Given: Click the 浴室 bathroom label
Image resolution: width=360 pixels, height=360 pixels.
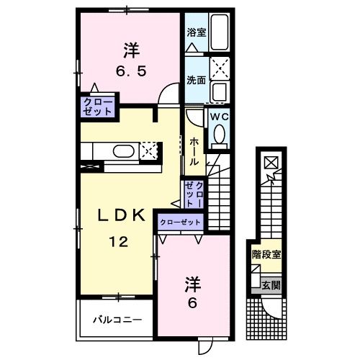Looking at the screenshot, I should click(x=195, y=32).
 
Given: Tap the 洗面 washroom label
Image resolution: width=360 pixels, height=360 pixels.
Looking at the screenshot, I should click(x=195, y=80).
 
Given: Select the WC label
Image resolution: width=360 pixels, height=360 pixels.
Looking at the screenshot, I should click(x=218, y=115).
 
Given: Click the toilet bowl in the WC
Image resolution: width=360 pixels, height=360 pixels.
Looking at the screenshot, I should click(x=219, y=134).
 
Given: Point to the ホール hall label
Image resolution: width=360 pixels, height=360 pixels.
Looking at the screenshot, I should click(x=194, y=151).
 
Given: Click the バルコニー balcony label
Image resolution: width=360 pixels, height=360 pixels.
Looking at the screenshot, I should click(x=117, y=319).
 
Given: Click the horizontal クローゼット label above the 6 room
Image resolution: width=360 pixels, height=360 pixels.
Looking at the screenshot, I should click(x=181, y=222).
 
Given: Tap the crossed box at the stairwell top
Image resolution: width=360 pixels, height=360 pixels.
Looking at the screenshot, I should click(x=270, y=163).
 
